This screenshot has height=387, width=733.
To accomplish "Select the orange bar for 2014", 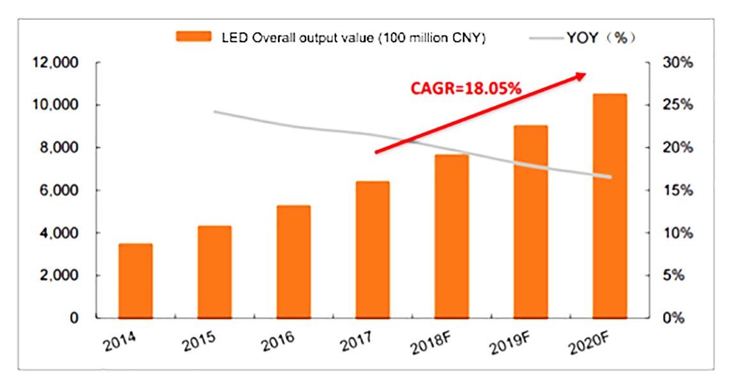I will (x=136, y=281).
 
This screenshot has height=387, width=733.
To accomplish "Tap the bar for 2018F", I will (x=452, y=236).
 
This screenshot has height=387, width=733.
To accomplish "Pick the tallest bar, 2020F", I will (x=609, y=206).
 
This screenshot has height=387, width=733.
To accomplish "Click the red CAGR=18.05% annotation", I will (x=465, y=89).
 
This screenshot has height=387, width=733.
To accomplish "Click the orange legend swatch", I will (x=193, y=38).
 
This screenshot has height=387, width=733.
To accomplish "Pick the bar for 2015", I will (x=215, y=272).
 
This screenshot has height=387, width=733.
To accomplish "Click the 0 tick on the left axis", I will (x=74, y=318).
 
